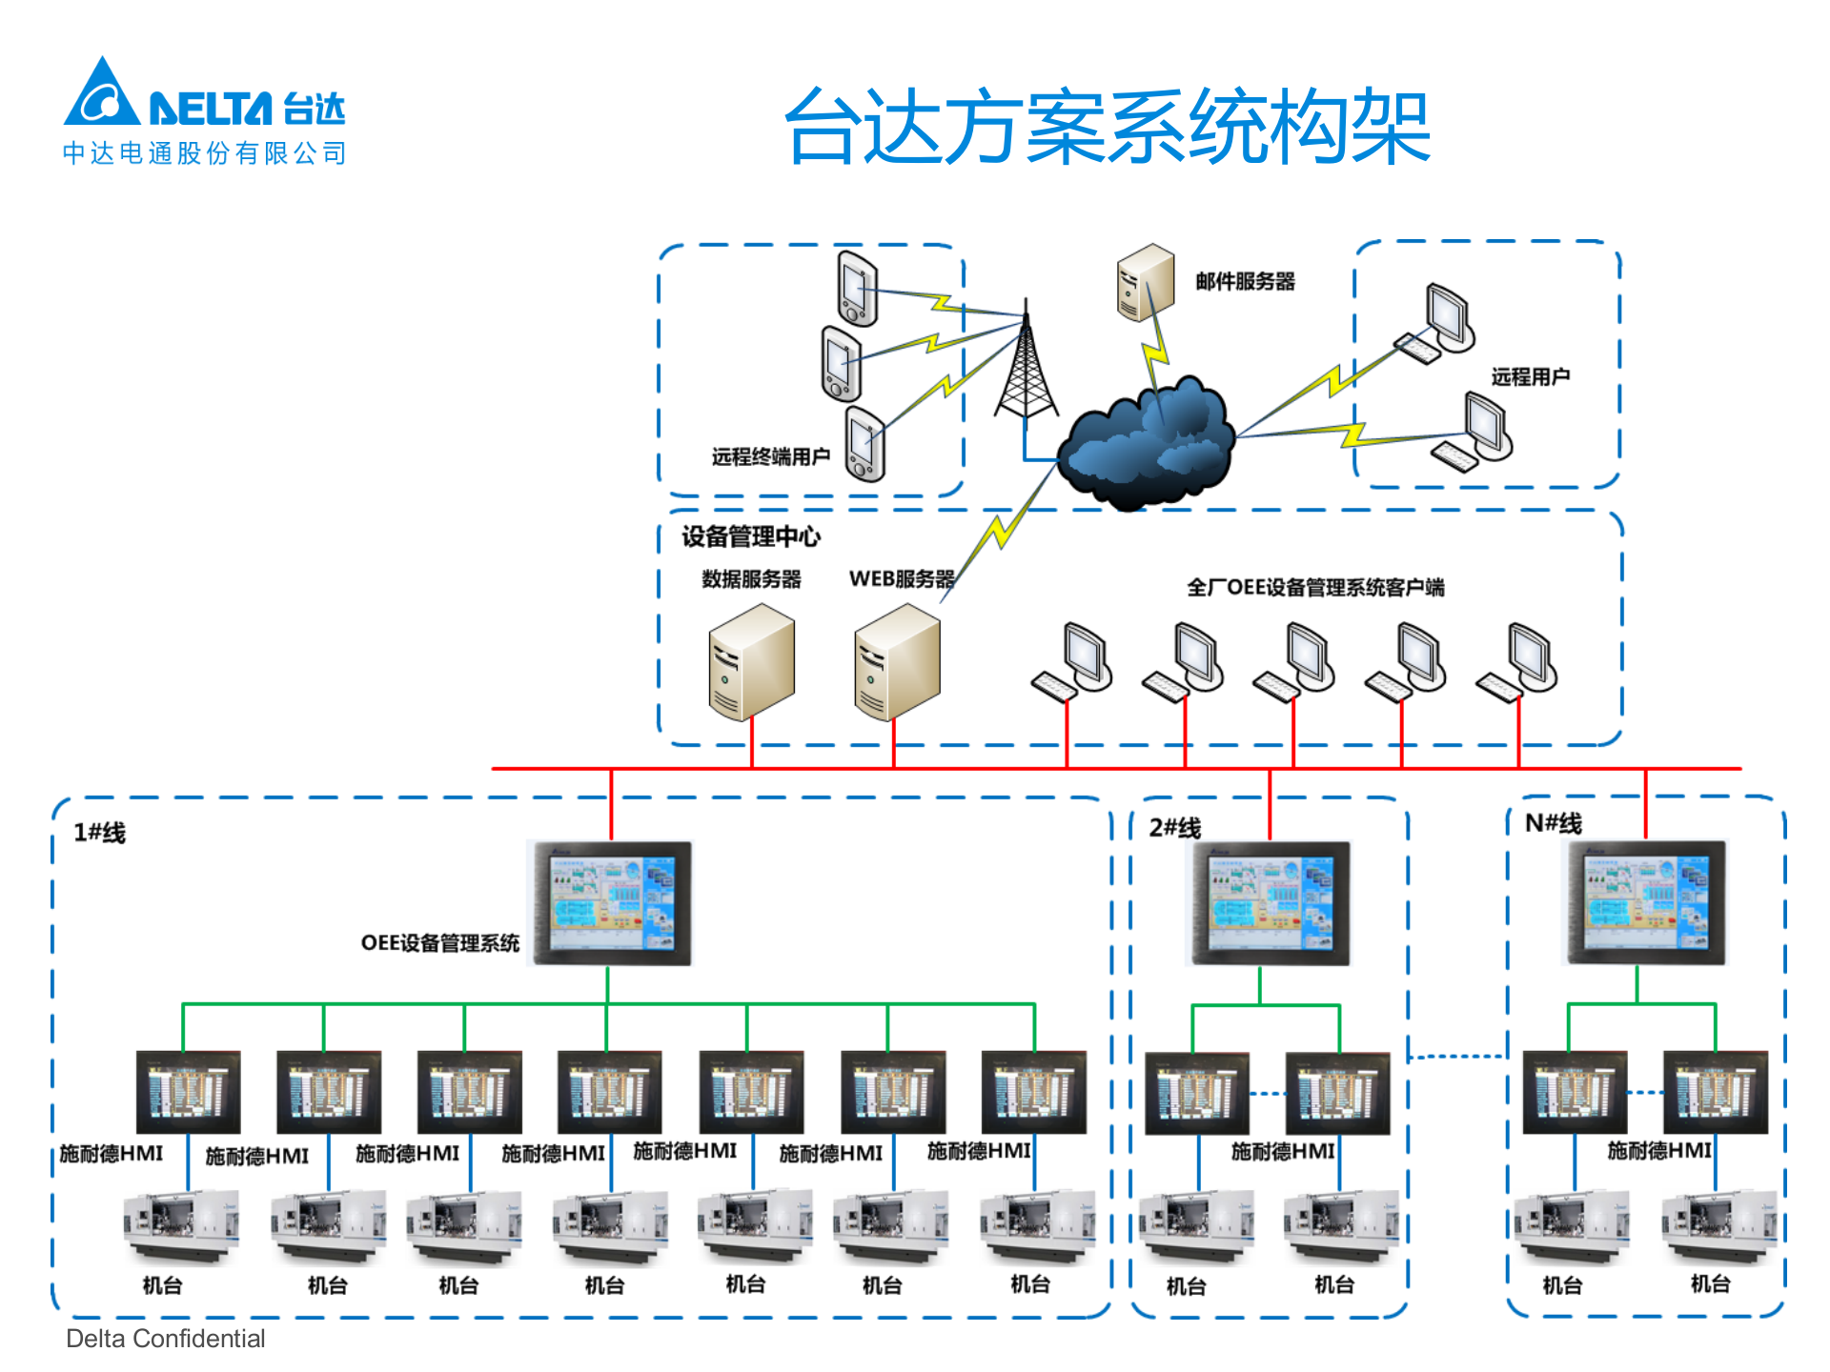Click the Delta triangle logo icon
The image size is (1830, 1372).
click(x=101, y=95)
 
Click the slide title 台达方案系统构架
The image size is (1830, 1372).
click(x=1107, y=127)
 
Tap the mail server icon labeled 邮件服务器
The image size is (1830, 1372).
click(x=1145, y=283)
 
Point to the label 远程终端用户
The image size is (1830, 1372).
click(x=770, y=457)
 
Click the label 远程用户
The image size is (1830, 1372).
click(x=1530, y=377)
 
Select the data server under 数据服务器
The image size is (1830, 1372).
click(x=751, y=662)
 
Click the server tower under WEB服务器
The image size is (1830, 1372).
click(x=896, y=662)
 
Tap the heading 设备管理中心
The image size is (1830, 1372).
click(x=750, y=536)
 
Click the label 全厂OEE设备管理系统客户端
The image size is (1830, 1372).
click(x=1314, y=588)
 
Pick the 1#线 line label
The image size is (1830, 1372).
click(x=99, y=833)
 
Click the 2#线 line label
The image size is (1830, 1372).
click(x=1174, y=828)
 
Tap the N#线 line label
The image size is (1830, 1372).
click(x=1553, y=823)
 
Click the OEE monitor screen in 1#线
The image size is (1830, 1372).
click(x=611, y=903)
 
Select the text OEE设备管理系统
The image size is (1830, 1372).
click(x=439, y=943)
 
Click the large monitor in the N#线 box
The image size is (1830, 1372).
click(x=1646, y=902)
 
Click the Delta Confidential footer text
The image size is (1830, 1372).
click(x=165, y=1339)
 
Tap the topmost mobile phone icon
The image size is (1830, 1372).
click(x=857, y=288)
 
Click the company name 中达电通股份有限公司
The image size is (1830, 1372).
click(x=204, y=153)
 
